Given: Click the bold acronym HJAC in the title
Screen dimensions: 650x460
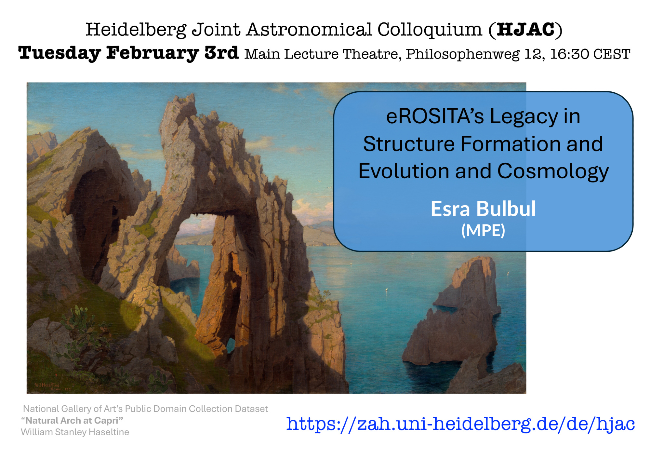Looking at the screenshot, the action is point(525,30).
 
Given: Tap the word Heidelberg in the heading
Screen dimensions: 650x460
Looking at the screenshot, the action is point(136,30).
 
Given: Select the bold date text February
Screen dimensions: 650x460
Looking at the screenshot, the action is point(153,54).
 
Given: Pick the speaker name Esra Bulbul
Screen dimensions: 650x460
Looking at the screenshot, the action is point(483,209).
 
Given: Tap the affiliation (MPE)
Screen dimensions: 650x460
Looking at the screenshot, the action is point(483,231).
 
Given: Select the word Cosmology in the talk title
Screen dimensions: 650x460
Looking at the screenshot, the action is point(553,172).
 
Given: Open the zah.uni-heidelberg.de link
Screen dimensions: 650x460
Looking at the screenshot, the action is point(460,424).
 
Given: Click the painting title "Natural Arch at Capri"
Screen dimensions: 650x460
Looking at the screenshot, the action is point(72,421).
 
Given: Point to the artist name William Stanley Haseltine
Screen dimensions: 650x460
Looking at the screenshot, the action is point(75,432).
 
